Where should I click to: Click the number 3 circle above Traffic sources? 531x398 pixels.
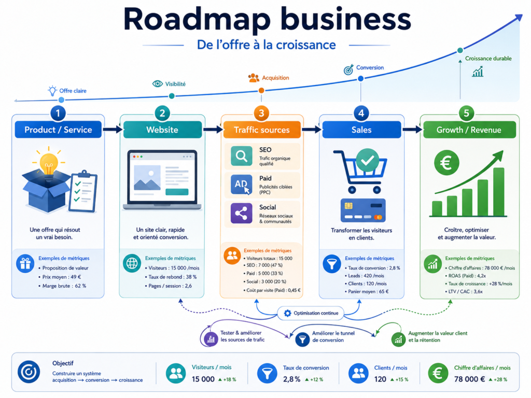coord(261,113)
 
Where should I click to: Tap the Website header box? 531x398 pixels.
coord(162,130)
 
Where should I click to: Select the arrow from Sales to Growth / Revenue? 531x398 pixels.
coord(412,129)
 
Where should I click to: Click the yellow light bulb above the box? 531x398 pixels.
coord(49,163)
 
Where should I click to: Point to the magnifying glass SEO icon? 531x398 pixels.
coord(242,156)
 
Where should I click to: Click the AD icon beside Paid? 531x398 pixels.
coord(242,184)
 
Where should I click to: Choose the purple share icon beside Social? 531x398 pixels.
coord(242,213)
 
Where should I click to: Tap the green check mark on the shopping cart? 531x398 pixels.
coord(368,160)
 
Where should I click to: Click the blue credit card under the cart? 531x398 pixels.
coord(362,210)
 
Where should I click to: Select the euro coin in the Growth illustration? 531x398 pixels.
coord(446,163)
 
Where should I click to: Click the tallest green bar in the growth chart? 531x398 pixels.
coord(498,192)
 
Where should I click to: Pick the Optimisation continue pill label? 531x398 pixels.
coord(311,313)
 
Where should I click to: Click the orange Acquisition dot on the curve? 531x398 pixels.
coord(261,90)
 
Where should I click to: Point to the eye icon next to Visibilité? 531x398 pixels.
coord(158,83)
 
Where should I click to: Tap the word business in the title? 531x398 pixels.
coord(345,20)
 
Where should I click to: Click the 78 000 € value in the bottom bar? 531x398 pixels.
coord(469,379)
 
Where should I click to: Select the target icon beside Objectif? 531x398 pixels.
coord(29,372)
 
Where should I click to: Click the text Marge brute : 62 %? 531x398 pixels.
coord(64,286)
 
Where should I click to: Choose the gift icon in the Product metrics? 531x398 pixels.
coord(25,263)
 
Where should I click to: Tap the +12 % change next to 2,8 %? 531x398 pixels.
coord(314,380)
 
